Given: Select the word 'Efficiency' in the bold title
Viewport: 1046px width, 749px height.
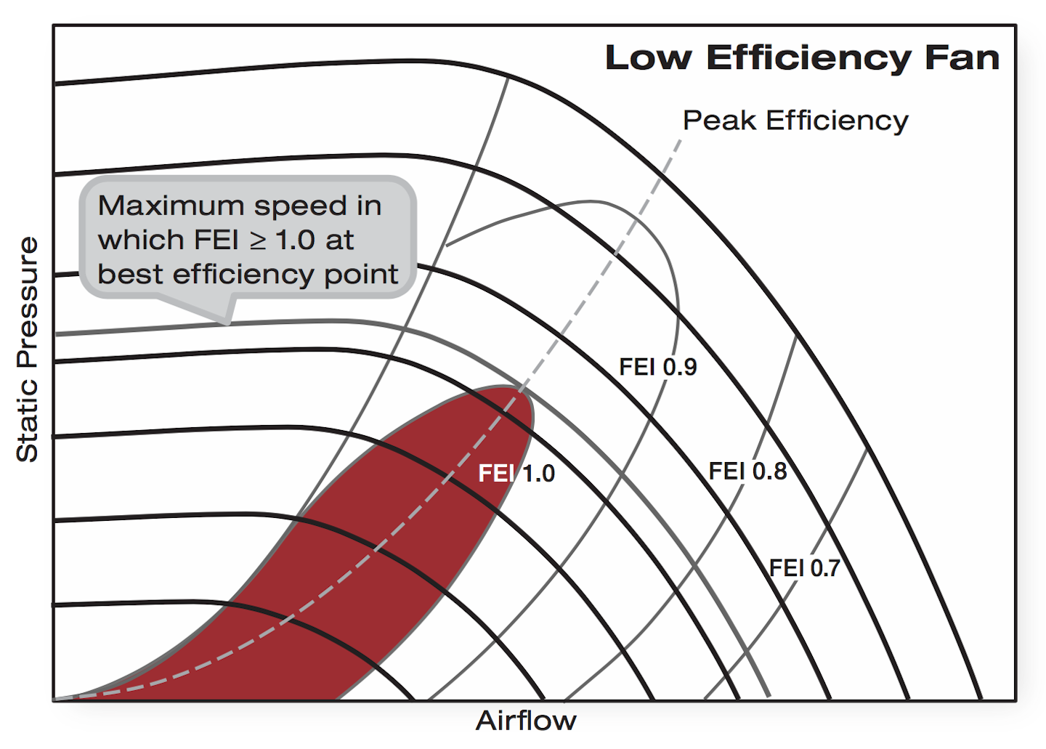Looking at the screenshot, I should coord(808,58).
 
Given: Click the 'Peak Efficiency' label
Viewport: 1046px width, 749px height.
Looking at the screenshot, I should coord(795,121).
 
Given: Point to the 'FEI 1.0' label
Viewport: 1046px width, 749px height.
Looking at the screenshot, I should coord(516,474).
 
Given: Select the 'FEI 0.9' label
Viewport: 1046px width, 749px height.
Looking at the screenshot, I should coord(657,368).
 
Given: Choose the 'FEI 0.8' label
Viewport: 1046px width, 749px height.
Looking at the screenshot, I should coord(747,471).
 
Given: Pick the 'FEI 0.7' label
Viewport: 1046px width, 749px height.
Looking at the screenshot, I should coord(804,568).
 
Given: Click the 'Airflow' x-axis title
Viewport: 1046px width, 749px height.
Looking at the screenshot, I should coord(526,721).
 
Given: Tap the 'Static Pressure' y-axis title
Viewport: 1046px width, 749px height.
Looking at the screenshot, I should coord(28,349).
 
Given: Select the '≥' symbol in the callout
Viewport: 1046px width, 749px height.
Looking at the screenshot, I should coord(258,241).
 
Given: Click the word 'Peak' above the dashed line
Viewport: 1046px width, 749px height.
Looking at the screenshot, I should coord(720,121).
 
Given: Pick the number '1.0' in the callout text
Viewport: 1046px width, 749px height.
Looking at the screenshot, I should coord(294,240).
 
